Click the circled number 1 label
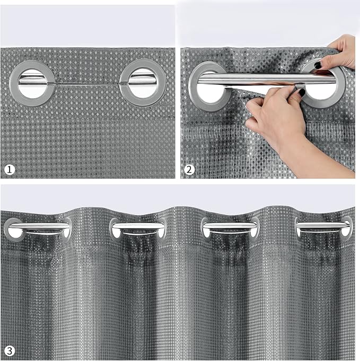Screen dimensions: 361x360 pos(10,170)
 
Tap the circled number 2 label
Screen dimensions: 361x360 pos(190,170)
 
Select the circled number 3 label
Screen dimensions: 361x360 pos(10,350)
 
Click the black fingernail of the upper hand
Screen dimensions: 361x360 pos(318,65)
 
